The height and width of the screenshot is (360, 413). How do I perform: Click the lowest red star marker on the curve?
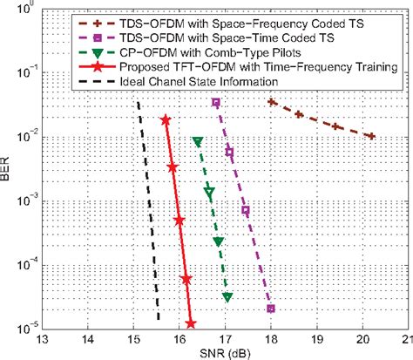[191, 324]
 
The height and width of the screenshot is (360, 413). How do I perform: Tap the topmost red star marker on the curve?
[166, 120]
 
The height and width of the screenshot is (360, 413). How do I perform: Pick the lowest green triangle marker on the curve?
[227, 297]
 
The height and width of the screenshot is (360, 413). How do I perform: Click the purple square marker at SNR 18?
[271, 309]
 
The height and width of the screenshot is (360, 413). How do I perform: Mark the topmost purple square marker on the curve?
[216, 103]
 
